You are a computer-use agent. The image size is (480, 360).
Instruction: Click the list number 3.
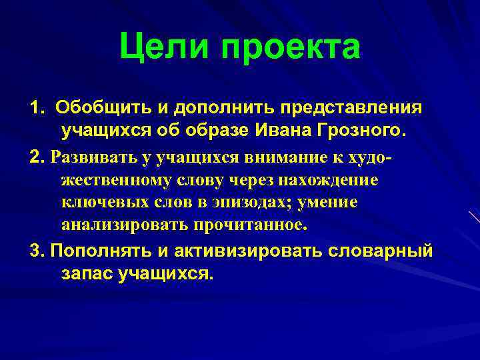pyautogui.click(x=36, y=251)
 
